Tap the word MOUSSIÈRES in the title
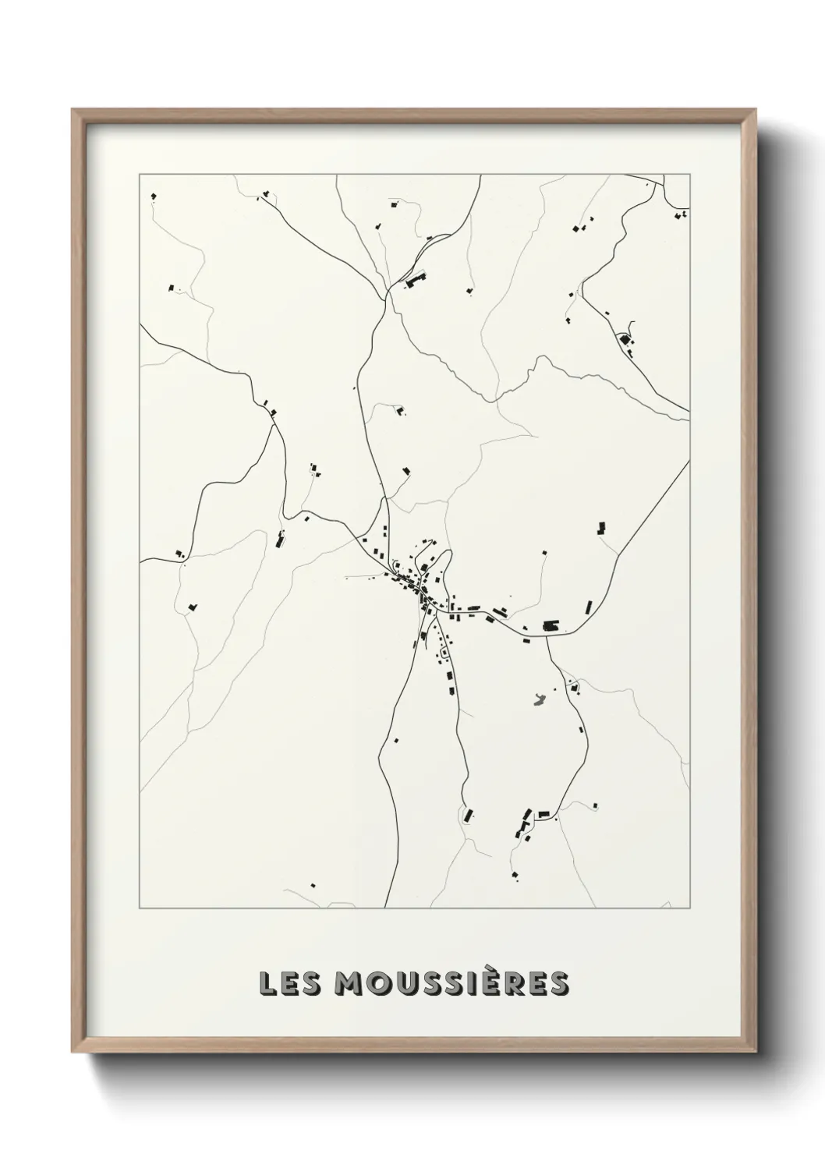click(451, 984)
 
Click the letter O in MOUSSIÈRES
click(379, 984)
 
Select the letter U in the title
click(409, 984)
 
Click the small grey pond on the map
click(537, 699)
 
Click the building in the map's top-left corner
click(154, 195)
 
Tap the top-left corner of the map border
click(140, 175)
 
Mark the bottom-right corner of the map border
click(690, 908)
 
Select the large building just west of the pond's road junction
click(551, 625)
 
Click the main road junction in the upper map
click(385, 296)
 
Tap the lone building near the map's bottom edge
click(313, 885)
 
